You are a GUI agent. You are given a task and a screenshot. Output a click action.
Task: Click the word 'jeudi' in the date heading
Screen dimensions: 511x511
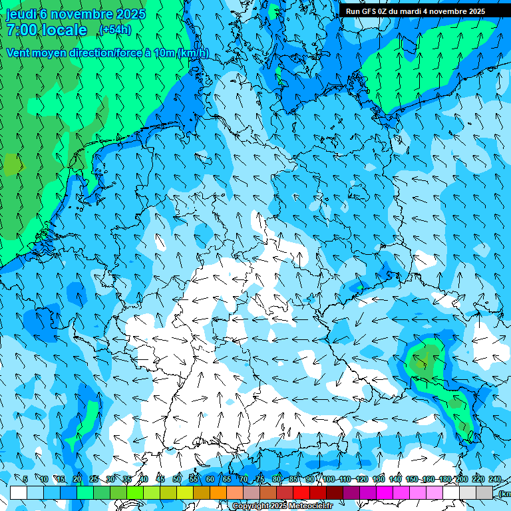(22, 14)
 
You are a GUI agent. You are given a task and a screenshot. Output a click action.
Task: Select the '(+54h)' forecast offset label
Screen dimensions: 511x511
(115, 30)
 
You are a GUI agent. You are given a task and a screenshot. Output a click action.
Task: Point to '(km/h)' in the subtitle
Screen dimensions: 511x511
(194, 53)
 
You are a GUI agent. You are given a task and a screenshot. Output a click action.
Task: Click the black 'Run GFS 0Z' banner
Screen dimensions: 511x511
(415, 11)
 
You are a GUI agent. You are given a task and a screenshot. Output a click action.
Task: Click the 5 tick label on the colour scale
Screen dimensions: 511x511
(25, 479)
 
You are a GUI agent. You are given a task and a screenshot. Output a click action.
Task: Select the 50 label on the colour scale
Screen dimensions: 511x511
(177, 479)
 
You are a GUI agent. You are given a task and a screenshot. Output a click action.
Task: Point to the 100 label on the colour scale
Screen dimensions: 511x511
(329, 479)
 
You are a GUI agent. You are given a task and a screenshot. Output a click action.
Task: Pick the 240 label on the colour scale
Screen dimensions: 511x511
(495, 479)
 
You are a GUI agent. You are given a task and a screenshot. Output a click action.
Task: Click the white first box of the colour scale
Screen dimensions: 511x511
(19, 492)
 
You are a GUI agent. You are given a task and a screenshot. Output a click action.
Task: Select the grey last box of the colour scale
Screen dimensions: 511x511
(484, 492)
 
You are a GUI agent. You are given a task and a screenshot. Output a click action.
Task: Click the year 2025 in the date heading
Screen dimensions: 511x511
(131, 14)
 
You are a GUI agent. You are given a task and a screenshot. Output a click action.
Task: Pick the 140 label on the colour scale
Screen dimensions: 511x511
(395, 479)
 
